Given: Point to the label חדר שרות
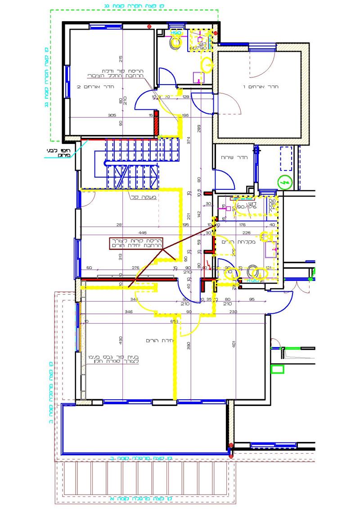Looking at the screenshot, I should point(231,158).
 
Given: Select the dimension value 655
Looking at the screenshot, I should point(175,322).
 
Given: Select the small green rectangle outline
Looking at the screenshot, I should point(277,370).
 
